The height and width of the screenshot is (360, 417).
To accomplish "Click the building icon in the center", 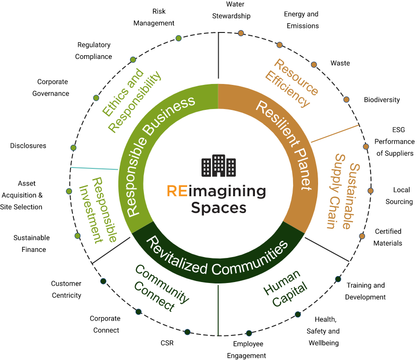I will point(219,166).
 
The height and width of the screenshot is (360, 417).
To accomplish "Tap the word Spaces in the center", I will point(218,208).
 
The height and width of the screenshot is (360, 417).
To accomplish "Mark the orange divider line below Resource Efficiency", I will point(335,133).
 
